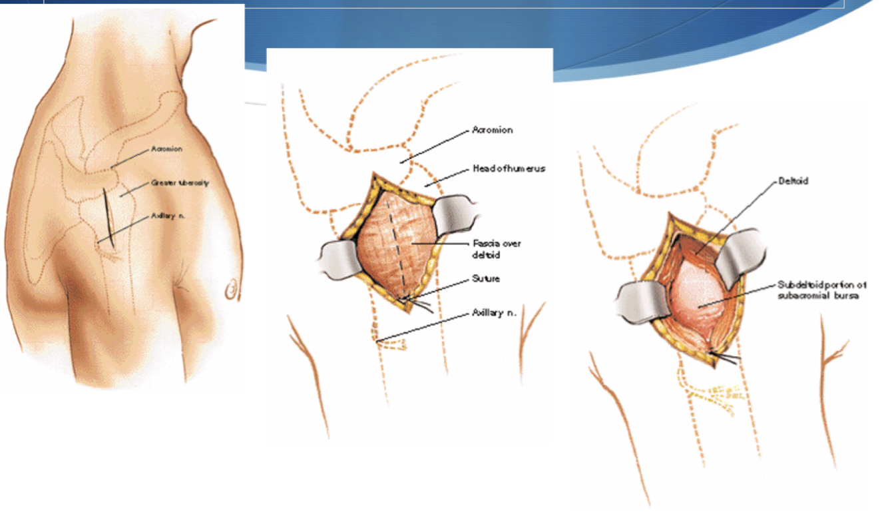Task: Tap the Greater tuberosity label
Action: pos(180,182)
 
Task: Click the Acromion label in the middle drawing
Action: pos(492,131)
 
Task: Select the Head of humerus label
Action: pos(509,169)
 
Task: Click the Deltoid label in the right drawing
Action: pos(793,181)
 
